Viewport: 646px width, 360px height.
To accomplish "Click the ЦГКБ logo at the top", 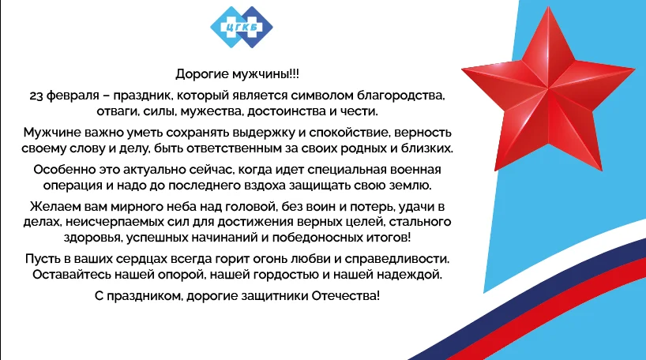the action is coord(242,27).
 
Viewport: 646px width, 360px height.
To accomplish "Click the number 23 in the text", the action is coord(36,96).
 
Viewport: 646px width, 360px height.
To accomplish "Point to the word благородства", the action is coord(400,96).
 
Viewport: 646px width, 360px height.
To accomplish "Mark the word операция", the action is coord(73,186).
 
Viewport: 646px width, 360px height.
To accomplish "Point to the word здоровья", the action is coord(92,238).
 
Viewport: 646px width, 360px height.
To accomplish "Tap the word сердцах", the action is coord(141,259).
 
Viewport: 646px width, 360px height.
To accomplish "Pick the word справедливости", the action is coord(396,259).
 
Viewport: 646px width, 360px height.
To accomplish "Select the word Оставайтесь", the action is coord(72,275).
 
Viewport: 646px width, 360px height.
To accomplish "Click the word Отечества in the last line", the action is coord(345,296).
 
